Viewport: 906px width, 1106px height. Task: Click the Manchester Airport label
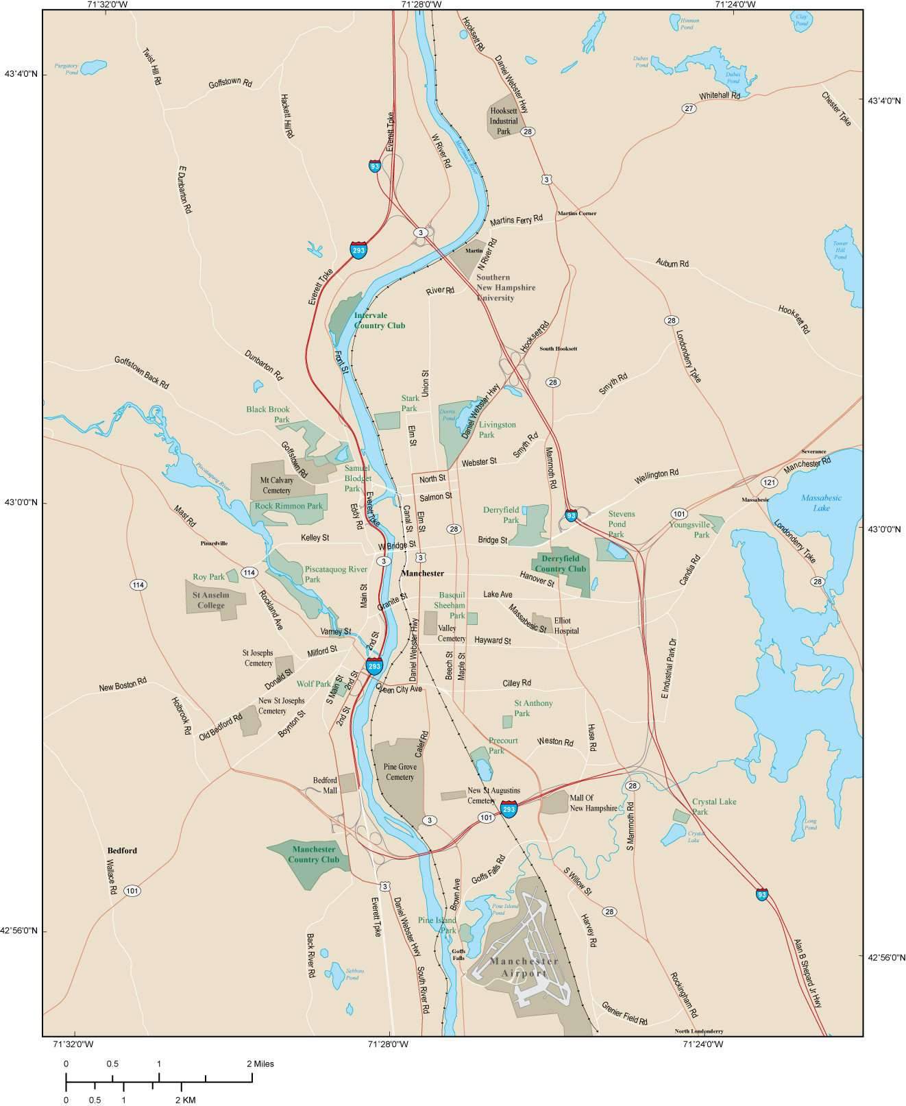click(x=524, y=967)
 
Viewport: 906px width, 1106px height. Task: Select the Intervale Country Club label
click(x=379, y=321)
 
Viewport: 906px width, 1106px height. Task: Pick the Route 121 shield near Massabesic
click(x=768, y=482)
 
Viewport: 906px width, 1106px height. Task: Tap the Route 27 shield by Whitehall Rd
click(x=689, y=108)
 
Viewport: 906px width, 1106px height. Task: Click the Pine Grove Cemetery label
click(x=400, y=772)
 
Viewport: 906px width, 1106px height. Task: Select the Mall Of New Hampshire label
click(x=593, y=803)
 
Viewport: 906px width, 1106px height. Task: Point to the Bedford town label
click(x=122, y=850)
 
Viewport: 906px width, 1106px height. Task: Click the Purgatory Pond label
click(x=66, y=69)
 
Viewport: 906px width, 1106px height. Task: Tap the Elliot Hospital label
click(x=566, y=626)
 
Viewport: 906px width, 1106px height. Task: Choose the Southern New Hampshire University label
click(x=506, y=288)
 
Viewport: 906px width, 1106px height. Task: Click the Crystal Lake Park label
click(x=713, y=807)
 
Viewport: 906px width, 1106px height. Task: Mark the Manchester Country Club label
click(x=313, y=855)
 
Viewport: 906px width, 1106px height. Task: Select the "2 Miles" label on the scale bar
click(x=260, y=1064)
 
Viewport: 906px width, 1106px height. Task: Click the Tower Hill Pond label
click(x=840, y=249)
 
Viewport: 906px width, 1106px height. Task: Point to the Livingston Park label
click(x=497, y=430)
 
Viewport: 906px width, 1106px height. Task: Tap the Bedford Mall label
click(x=325, y=785)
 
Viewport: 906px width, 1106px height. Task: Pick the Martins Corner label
click(x=576, y=213)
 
